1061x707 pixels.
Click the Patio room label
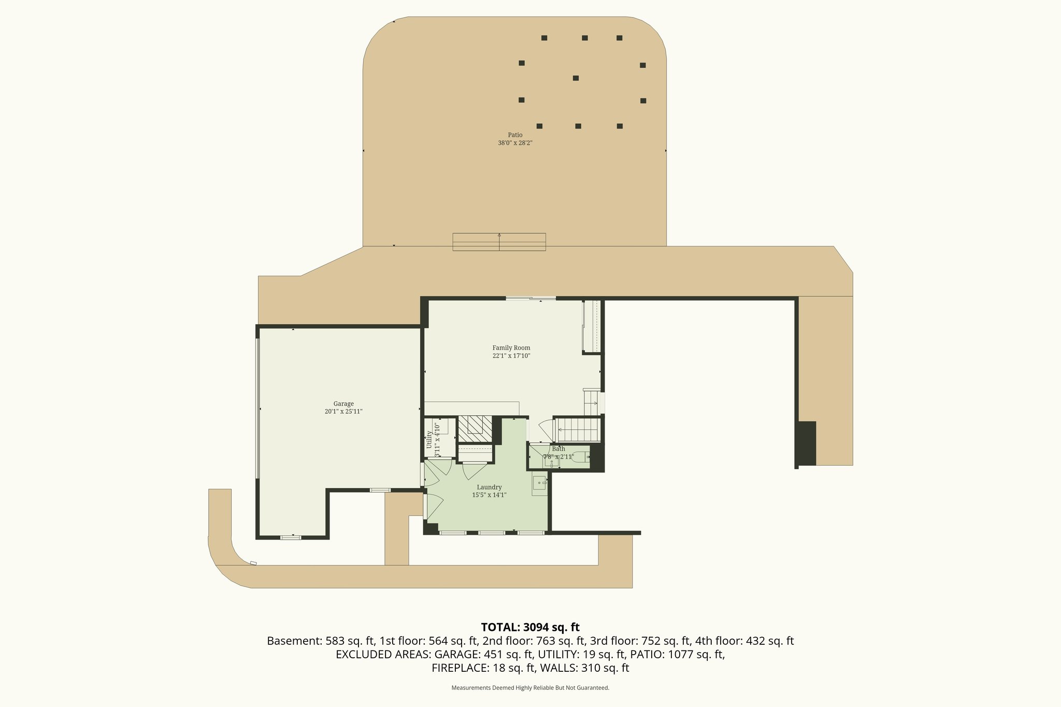[515, 135]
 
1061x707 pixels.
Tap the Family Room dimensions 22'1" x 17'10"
[511, 356]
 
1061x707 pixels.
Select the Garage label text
[343, 403]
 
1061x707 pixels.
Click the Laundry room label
[489, 487]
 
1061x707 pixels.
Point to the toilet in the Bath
[580, 457]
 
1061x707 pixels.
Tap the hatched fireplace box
[475, 428]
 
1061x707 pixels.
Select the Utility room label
[429, 439]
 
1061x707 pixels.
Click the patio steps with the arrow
[499, 242]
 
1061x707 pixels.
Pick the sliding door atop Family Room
[530, 298]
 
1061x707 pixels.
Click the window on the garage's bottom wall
[290, 538]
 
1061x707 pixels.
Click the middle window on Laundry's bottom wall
[491, 532]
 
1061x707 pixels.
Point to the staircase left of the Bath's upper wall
[578, 429]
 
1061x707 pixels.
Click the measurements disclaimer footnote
[530, 688]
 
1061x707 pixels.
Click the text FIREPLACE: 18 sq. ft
[483, 668]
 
